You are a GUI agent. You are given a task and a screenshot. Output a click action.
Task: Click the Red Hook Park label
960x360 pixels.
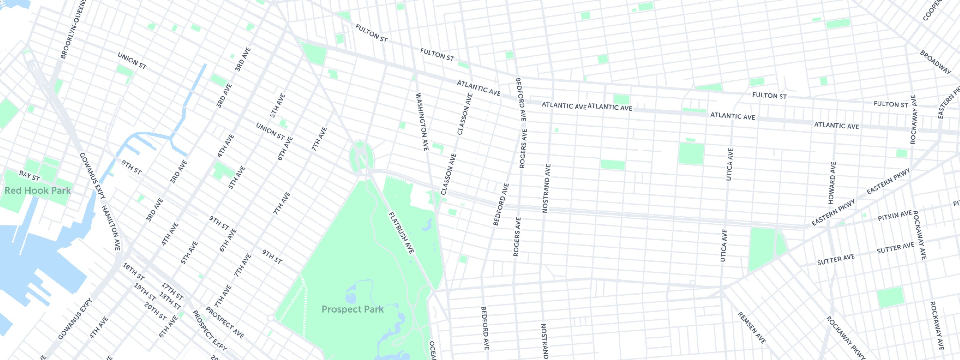coord(37,191)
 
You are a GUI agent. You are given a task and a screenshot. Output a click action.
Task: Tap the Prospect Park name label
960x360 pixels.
coord(352,309)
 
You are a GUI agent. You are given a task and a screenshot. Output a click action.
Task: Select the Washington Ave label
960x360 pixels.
coord(422,121)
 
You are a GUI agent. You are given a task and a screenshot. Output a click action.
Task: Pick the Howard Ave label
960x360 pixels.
coord(832,183)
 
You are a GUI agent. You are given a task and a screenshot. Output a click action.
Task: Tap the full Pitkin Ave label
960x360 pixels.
coord(894,215)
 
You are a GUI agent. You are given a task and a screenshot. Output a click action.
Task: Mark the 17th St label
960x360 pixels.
coord(172,291)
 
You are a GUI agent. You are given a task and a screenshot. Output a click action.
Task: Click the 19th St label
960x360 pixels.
coord(145,292)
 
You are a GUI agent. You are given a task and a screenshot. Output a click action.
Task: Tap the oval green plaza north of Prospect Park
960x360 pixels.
coord(362,158)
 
